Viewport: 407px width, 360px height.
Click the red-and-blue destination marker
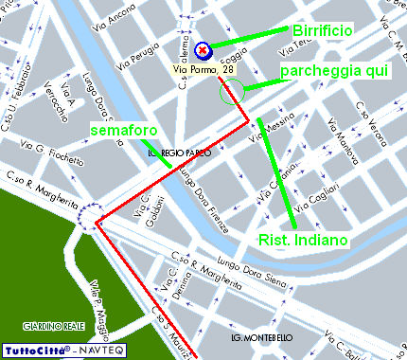tap(203, 49)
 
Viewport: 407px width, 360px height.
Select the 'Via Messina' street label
tap(273, 127)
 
